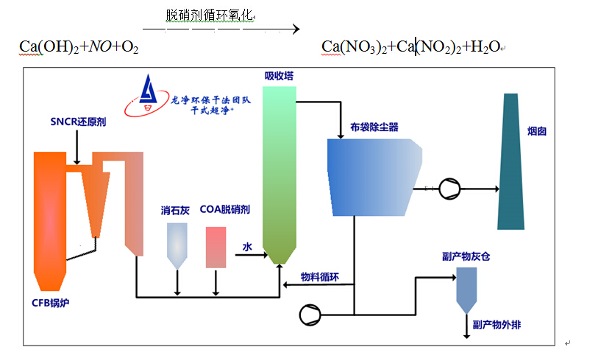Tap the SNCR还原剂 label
[78, 122]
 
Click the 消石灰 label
[176, 210]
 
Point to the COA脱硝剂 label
[224, 210]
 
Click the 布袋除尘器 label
[374, 127]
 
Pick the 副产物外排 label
[496, 324]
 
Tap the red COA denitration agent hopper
[216, 247]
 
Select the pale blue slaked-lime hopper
[177, 244]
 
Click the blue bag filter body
[372, 176]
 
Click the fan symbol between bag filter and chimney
[448, 189]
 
